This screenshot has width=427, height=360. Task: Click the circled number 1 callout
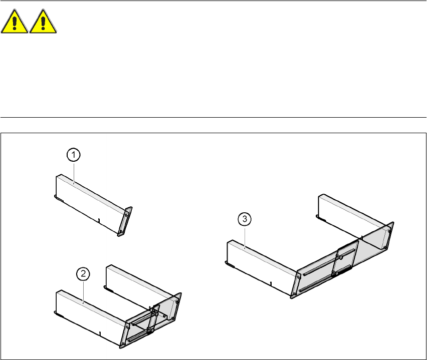coord(73,156)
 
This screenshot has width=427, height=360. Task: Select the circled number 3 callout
coord(244,219)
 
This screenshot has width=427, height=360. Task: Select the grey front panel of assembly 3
coord(346,260)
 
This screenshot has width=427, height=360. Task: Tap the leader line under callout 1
coord(74,173)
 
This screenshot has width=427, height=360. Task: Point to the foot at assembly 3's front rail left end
coord(229,262)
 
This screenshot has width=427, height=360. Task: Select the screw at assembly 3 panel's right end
coord(389,231)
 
